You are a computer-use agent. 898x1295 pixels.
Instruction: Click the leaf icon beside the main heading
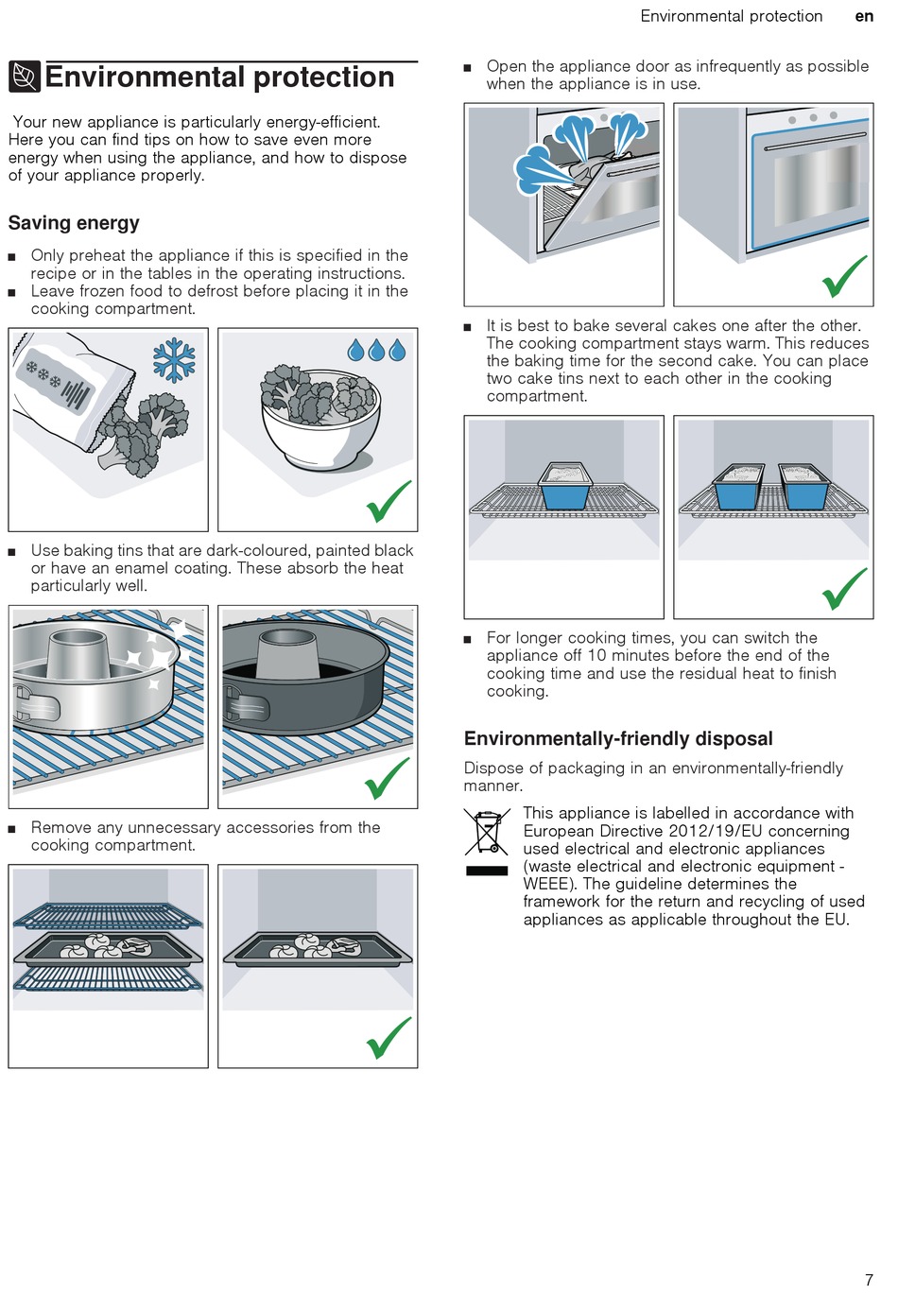(25, 77)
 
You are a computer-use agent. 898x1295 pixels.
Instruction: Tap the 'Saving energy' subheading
(74, 223)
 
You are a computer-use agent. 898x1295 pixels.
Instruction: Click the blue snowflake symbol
(174, 360)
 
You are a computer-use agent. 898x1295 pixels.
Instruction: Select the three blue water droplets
(377, 351)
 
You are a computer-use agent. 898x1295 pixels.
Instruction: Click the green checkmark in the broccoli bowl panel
(389, 501)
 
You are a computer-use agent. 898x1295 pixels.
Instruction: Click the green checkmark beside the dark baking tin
(388, 778)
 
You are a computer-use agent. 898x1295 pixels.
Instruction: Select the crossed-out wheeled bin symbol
(488, 832)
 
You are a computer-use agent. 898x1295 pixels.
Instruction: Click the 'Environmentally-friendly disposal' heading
(618, 739)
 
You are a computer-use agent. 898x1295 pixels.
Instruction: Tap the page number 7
(869, 1280)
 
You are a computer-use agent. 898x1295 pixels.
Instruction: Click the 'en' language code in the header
(864, 16)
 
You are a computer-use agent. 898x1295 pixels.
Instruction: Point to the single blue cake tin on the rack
(565, 488)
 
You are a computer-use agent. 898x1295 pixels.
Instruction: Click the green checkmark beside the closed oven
(844, 276)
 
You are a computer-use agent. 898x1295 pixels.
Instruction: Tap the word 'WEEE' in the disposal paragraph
(545, 884)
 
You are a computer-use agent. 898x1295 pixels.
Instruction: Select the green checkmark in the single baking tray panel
(389, 1038)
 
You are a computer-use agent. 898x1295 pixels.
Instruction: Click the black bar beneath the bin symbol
(488, 870)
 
